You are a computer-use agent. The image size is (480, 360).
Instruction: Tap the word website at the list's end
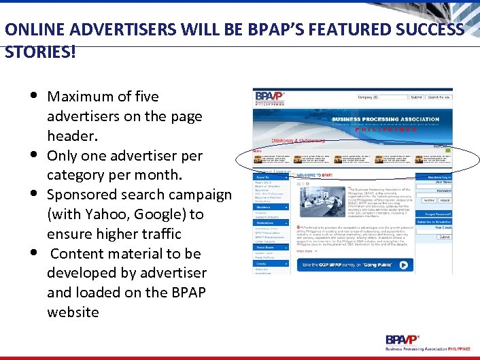click(73, 312)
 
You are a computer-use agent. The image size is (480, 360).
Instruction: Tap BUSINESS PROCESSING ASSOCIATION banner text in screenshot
click(385, 119)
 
